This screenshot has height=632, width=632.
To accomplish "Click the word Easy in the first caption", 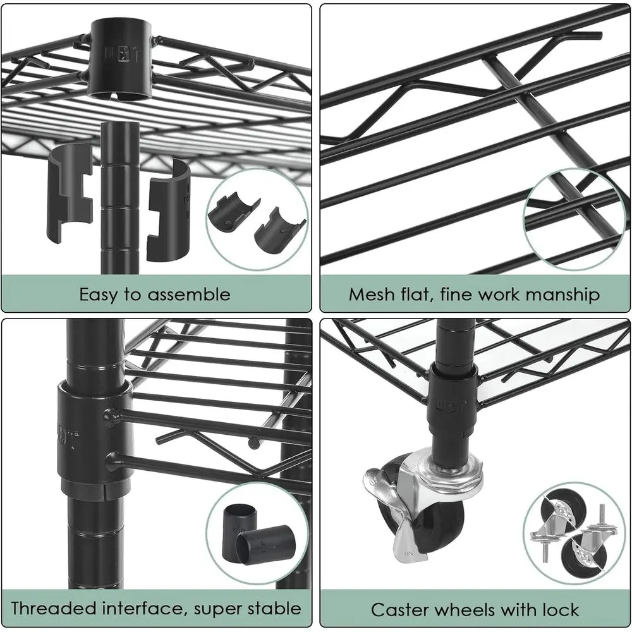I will (99, 295).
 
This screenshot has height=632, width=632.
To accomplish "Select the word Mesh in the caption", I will (374, 295).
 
